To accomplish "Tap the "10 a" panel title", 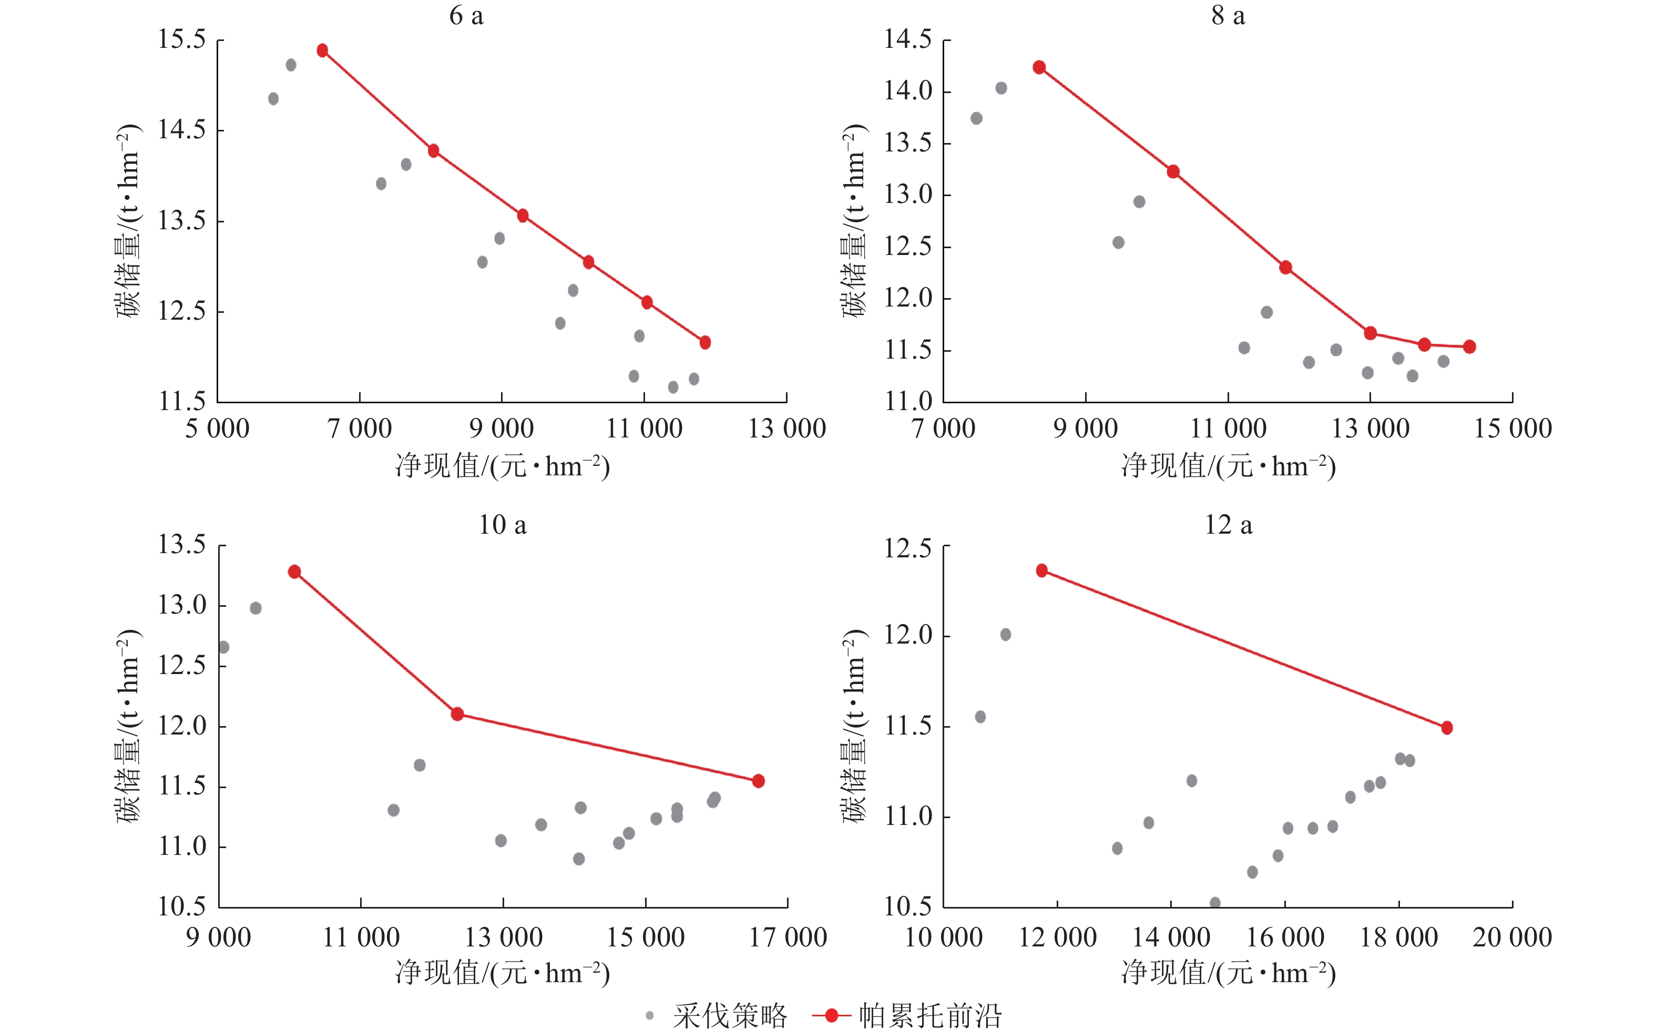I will [x=503, y=525].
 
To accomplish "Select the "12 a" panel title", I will [x=1229, y=525].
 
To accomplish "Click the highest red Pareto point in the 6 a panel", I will [x=323, y=50].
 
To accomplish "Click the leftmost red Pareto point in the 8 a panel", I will [x=1039, y=67].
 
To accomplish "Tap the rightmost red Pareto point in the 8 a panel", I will [x=1469, y=346].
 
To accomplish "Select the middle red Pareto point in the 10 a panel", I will [x=457, y=715].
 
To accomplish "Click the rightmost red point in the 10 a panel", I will [x=759, y=781].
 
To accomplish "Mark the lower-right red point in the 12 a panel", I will [x=1447, y=728].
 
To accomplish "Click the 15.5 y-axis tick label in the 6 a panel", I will [x=182, y=39].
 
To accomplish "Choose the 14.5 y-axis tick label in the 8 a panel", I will [x=908, y=39].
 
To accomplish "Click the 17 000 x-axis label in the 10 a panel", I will [x=788, y=938].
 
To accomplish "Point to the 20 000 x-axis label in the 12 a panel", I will [x=1512, y=938].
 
